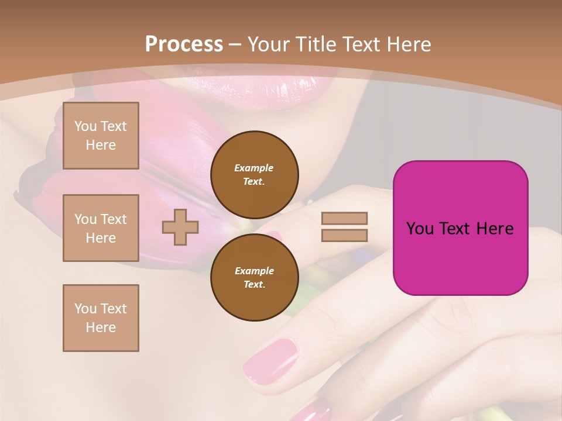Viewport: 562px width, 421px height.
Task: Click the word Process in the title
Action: point(184,44)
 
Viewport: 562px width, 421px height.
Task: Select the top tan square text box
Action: point(101,136)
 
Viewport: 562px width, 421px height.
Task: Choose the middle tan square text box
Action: point(101,228)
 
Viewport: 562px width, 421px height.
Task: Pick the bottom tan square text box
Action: point(101,318)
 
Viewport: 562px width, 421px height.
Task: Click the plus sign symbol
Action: point(180,227)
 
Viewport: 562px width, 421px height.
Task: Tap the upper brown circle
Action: point(255,175)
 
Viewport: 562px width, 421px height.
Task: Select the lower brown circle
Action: point(255,278)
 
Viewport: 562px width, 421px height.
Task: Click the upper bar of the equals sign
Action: point(344,218)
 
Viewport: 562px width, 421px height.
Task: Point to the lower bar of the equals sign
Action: point(344,235)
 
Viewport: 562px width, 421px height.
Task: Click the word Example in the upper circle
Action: point(254,168)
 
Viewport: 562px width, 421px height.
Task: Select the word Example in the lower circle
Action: point(254,271)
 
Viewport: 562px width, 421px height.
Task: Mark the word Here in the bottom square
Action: point(101,327)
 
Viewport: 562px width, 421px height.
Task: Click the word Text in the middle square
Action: point(113,219)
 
